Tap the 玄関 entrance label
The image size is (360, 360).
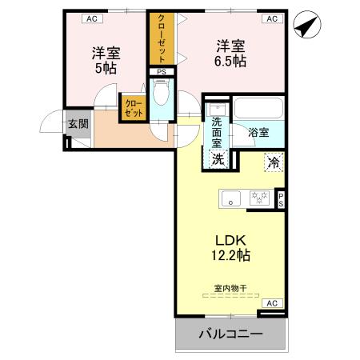(78, 124)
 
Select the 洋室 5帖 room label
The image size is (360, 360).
(105, 61)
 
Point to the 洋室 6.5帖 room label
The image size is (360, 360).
(230, 53)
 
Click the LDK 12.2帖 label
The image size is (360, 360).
(230, 248)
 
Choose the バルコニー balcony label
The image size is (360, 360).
(230, 334)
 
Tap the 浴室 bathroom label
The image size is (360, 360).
(258, 133)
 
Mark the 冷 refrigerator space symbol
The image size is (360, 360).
(274, 162)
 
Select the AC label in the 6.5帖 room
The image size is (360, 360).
(271, 18)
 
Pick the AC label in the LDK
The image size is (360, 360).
(271, 302)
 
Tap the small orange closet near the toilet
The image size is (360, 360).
(133, 108)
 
